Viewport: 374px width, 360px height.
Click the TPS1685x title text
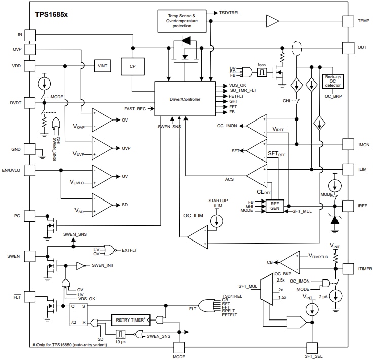click(x=51, y=15)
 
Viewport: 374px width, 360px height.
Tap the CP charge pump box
click(x=133, y=66)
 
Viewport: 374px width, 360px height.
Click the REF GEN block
click(x=275, y=206)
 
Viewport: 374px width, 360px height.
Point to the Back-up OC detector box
click(x=332, y=81)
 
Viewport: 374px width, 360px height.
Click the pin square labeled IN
click(x=30, y=34)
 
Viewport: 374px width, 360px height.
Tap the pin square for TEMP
click(x=348, y=21)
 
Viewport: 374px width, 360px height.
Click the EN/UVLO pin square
click(x=30, y=170)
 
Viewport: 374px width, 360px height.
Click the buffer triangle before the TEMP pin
click(x=272, y=21)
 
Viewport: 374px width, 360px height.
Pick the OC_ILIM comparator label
click(x=193, y=216)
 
